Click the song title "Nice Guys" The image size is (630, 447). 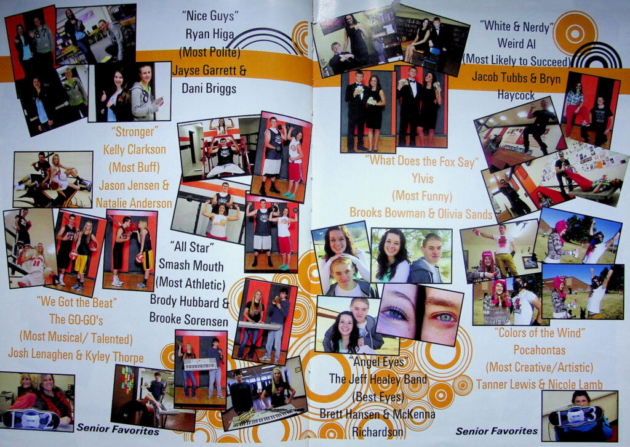tap(210, 15)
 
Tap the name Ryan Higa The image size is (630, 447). tap(209, 34)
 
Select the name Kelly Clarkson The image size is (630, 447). tap(135, 150)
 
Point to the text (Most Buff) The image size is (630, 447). tap(134, 167)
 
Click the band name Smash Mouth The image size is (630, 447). tap(191, 265)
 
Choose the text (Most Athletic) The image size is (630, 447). tap(191, 283)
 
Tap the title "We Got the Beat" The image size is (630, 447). tap(76, 302)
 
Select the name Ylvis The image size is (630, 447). tap(422, 178)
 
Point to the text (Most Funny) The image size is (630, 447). tap(422, 196)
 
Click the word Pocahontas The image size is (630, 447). tap(539, 350)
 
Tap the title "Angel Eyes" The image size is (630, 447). tap(376, 362)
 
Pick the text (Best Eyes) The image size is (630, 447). tap(378, 397)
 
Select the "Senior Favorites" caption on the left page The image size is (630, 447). tap(118, 429)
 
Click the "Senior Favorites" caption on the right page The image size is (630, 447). tap(496, 431)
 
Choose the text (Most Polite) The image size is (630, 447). tap(209, 52)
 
